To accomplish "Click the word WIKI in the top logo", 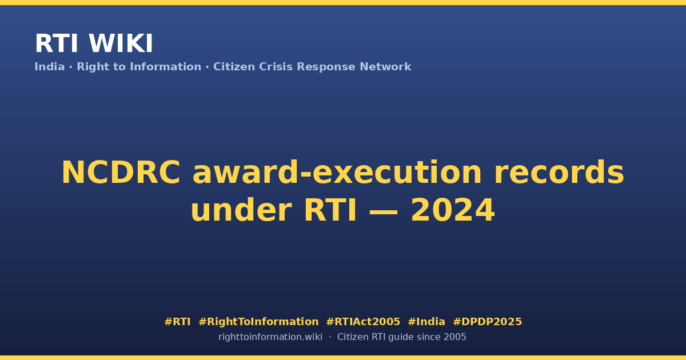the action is pos(121,43).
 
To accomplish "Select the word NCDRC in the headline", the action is pos(121,173).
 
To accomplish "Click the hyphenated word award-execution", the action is pos(337,173).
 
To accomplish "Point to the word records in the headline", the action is pos(559,173).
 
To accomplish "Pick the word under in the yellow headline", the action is pos(241,210).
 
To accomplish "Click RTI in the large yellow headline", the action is pos(330,210).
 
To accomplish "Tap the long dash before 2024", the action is pos(384,211).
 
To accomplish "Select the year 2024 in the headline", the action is pos(453,210).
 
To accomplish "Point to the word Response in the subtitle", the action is pos(326,67).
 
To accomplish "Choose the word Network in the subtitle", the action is pos(385,67).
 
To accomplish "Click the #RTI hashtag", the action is pos(177,322).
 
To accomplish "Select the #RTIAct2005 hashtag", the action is pos(363,322).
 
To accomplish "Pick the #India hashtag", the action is pos(426,322).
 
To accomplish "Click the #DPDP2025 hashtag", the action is pos(487,322).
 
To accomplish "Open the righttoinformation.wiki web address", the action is pos(270,337).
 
